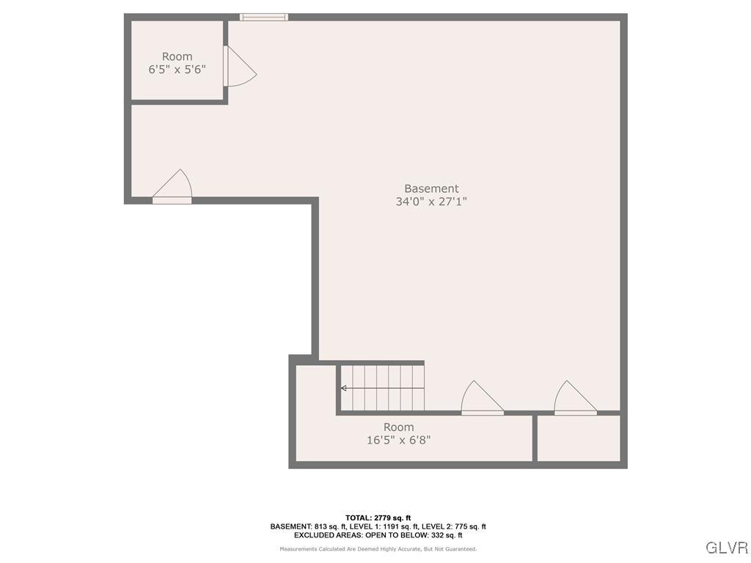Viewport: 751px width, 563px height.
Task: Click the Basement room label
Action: coord(431,188)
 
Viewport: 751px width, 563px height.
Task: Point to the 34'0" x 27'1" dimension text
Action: coord(431,202)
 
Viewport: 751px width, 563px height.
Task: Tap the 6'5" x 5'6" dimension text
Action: coord(177,70)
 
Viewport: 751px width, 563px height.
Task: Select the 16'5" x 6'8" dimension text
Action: coord(398,441)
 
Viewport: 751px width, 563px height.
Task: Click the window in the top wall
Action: coord(264,17)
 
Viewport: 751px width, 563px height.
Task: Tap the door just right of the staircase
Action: coord(480,399)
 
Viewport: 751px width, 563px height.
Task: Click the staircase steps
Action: coord(382,388)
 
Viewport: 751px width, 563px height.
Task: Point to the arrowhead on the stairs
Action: coord(343,388)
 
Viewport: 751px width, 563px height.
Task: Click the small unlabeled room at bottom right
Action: coord(579,438)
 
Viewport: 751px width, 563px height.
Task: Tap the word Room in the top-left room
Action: coord(177,56)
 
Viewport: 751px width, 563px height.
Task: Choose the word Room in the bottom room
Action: coord(398,427)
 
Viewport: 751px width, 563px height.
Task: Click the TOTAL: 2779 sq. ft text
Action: coord(378,518)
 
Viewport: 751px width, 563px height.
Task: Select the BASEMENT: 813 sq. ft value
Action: coord(300,526)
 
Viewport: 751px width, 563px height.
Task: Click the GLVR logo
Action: coord(726,548)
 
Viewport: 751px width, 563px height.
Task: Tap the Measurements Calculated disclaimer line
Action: coord(378,549)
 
